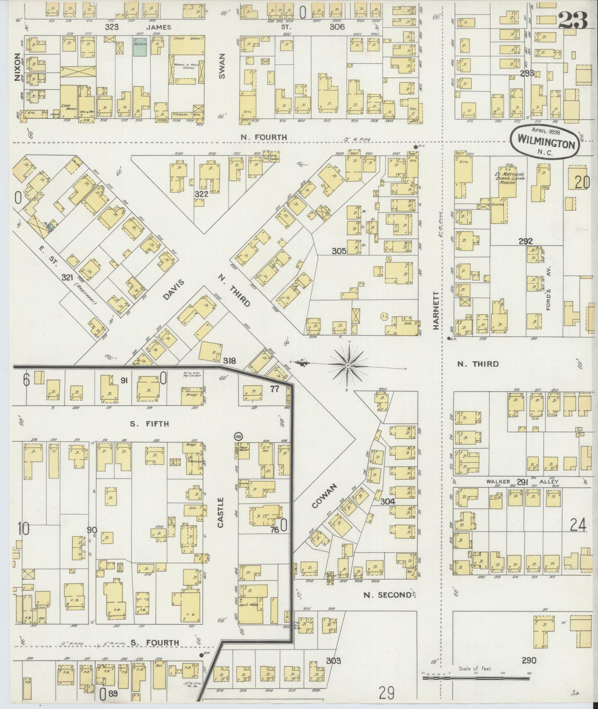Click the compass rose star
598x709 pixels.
[348, 366]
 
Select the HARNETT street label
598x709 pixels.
[436, 310]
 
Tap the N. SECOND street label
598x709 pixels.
[387, 595]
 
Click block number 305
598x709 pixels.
[339, 251]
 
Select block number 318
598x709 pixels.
[230, 361]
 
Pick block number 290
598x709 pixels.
[529, 660]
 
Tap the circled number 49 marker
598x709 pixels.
[238, 436]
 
